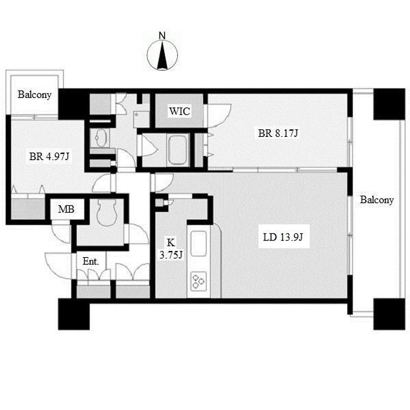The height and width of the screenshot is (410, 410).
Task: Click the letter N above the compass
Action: pos(163,36)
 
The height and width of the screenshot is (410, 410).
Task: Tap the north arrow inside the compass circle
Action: pos(163,56)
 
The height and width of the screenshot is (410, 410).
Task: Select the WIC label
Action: pos(179,111)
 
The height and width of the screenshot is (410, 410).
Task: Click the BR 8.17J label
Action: pos(278,133)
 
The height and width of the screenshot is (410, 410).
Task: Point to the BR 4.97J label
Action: pos(49,157)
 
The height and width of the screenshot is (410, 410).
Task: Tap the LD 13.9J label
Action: pos(283,237)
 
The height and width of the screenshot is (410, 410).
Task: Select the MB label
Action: pos(66,209)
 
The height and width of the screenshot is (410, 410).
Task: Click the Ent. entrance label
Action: pos(91,261)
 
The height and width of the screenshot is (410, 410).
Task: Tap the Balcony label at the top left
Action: pos(34,94)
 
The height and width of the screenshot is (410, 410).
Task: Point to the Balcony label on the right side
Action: pos(377,200)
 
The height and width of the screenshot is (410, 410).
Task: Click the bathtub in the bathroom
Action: pos(177,150)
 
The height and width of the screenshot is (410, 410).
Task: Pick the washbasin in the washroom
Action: pos(100,137)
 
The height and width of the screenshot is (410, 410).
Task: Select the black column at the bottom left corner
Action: pos(74,314)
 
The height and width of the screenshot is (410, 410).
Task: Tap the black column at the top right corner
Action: pos(389,104)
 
